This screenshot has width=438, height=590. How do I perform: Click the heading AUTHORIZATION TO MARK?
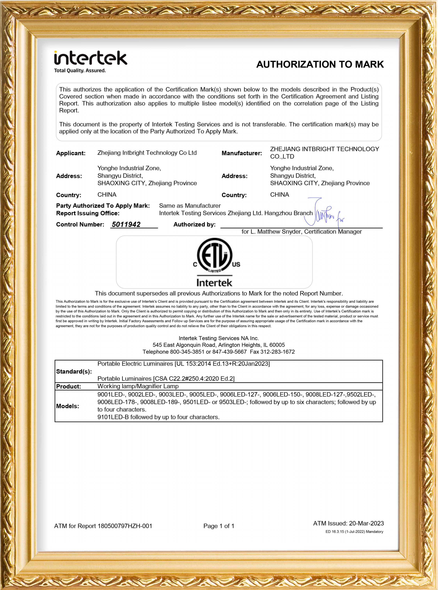[x=320, y=64]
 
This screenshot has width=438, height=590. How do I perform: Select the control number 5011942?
[x=126, y=224]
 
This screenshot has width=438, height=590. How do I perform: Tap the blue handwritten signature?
[x=323, y=214]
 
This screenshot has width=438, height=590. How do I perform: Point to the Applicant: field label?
[x=71, y=153]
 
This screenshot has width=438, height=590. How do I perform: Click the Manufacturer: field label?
[x=242, y=153]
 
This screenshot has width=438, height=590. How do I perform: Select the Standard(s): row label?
[x=74, y=371]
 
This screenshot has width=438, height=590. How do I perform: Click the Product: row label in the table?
[x=68, y=386]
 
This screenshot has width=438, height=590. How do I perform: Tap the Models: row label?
[x=68, y=406]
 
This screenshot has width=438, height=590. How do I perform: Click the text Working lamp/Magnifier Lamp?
[x=138, y=386]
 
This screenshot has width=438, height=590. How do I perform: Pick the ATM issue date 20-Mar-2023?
[x=366, y=523]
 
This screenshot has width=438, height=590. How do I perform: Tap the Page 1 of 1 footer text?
[x=219, y=526]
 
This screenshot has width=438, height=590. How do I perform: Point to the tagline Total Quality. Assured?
[x=80, y=70]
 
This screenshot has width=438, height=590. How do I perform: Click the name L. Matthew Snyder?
[x=276, y=231]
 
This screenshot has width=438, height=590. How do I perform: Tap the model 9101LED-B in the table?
[x=113, y=417]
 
